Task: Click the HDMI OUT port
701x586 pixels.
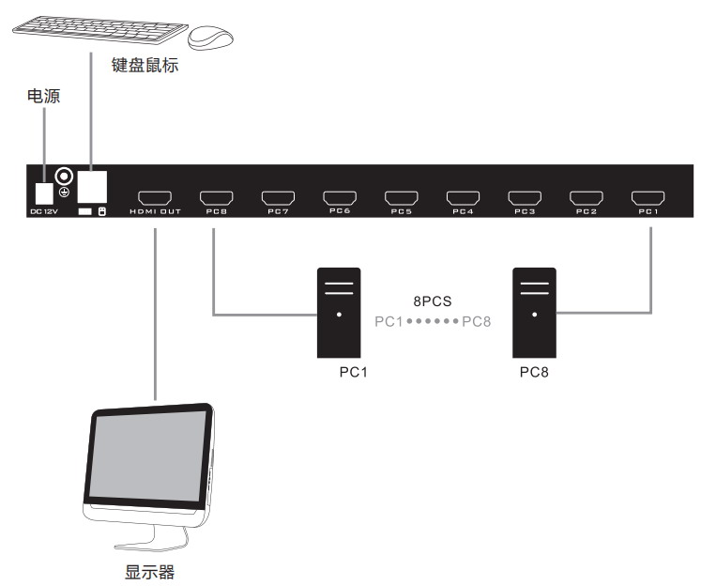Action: coord(155,198)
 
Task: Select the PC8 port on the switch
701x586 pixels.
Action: coord(216,198)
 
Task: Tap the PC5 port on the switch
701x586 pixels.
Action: coord(401,198)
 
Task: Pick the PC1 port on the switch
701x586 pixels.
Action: coord(648,198)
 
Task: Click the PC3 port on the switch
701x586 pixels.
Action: coord(525,198)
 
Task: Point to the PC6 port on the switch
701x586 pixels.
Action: coord(339,198)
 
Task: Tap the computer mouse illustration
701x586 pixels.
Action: coord(211,38)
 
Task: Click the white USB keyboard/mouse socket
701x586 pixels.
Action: coord(91,185)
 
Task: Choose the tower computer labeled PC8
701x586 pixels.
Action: coord(533,312)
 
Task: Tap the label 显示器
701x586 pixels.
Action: coord(150,572)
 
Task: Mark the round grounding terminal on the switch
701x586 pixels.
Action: coord(65,176)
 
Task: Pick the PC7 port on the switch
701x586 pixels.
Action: coord(278,198)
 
